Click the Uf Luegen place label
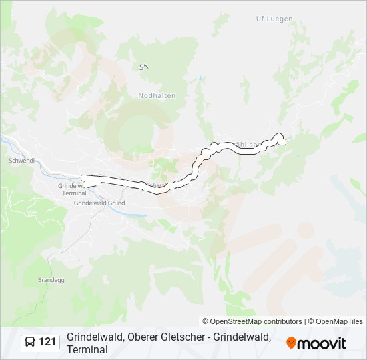274,19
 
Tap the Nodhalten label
157,95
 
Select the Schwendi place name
21,161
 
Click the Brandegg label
51,280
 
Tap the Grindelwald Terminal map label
73,189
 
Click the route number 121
47,342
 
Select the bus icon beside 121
31,343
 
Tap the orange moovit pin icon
291,343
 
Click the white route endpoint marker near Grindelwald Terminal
85,177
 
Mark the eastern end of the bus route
281,141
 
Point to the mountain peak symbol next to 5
146,66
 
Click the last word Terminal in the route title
87,349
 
